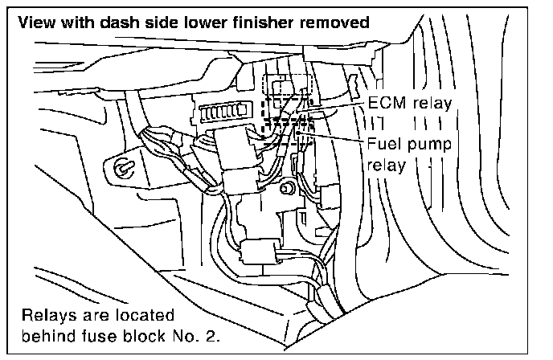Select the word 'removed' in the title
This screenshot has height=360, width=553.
point(335,22)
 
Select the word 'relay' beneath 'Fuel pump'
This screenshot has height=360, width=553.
point(386,166)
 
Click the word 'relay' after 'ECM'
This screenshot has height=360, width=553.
point(433,103)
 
